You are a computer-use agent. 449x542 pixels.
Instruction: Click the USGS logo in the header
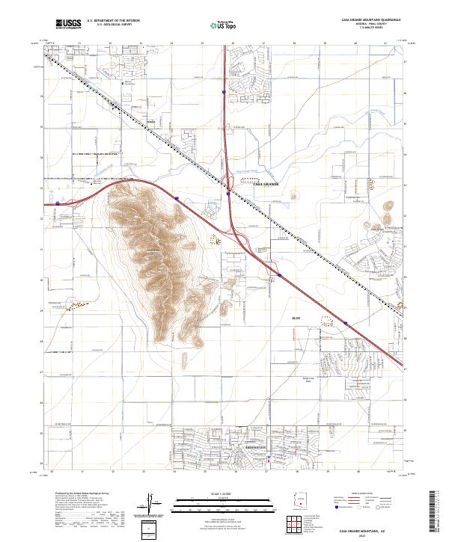[68, 24]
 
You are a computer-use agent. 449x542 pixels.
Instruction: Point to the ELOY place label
[296, 318]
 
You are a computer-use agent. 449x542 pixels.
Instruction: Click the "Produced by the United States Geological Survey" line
[82, 493]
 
